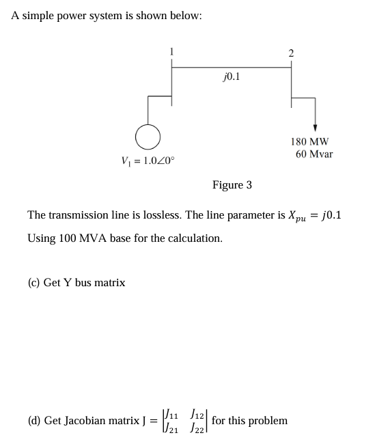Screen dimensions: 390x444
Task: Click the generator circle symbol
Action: click(148, 137)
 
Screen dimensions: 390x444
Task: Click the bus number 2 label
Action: click(291, 53)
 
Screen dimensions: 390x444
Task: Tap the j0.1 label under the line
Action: click(231, 77)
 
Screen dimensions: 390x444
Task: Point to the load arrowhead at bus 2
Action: click(315, 128)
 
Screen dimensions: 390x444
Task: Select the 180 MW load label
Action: click(309, 142)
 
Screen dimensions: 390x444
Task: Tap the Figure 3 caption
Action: click(232, 185)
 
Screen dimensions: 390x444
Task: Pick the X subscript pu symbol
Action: click(297, 217)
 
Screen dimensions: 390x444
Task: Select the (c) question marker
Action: click(33, 282)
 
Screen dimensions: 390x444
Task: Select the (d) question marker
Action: click(33, 421)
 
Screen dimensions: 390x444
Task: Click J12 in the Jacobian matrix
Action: click(197, 414)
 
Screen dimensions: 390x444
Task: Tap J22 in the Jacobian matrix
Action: click(197, 428)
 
